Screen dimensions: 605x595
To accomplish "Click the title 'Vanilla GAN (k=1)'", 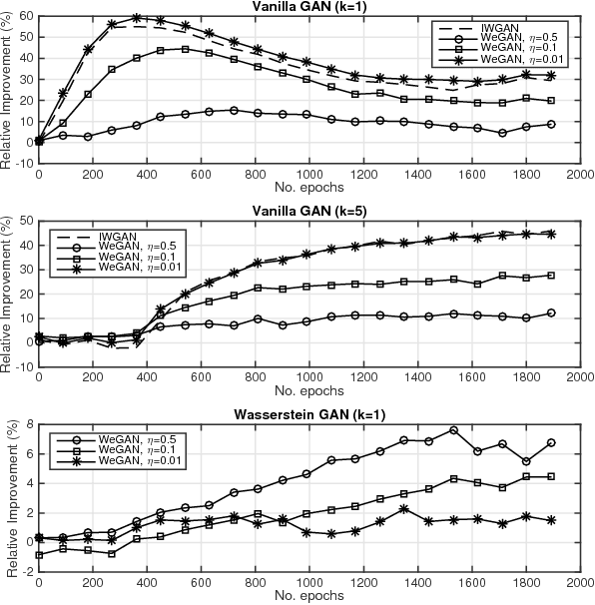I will point(309,8).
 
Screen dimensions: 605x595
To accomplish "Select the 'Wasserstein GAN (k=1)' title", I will point(309,412).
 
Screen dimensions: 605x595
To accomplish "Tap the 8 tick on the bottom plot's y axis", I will point(28,423).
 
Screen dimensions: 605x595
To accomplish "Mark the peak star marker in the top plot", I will point(136,18).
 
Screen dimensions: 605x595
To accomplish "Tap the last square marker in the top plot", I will point(552,100).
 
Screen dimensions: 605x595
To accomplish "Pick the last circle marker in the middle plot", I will point(552,312).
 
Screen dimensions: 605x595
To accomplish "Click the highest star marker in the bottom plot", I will point(402,509).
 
